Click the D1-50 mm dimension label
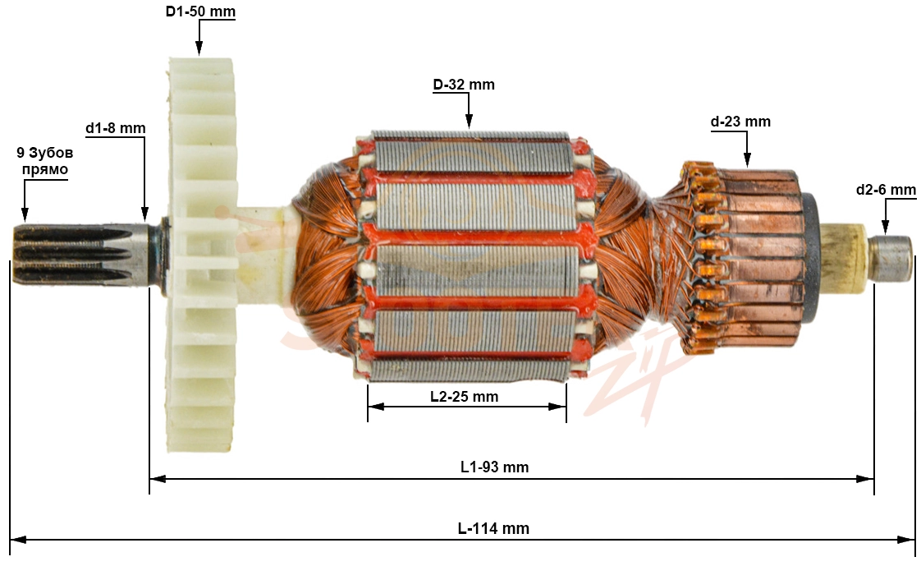[200, 12]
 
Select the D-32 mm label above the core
[464, 85]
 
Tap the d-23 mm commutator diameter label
[740, 122]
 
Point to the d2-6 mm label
[886, 190]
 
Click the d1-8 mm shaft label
[115, 128]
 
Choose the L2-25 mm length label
[464, 397]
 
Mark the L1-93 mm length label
[495, 467]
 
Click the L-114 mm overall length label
[493, 528]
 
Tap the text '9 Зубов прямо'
[45, 161]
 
